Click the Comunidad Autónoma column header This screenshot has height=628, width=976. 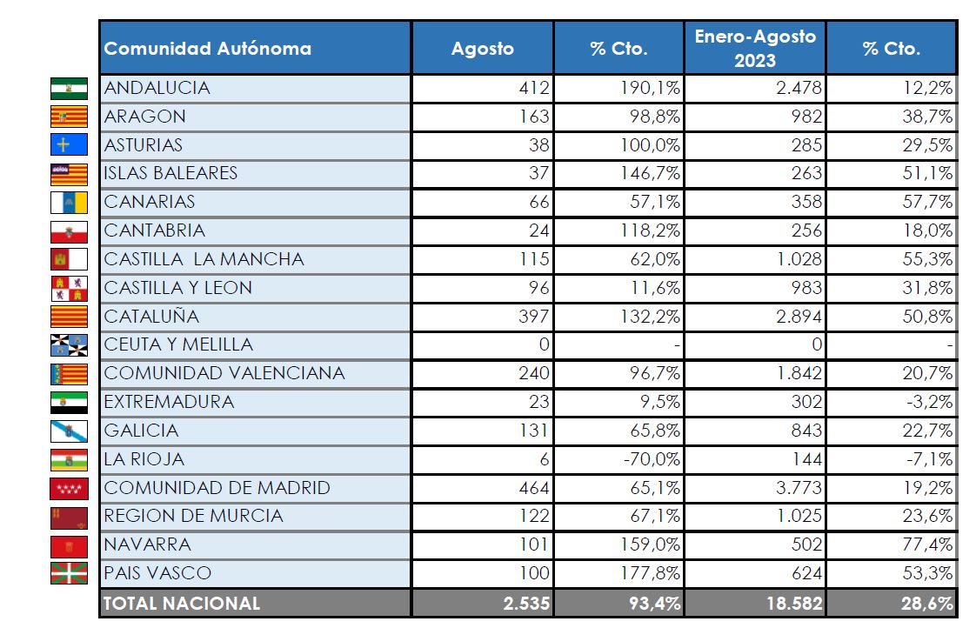pos(208,49)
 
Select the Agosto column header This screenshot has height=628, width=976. pos(482,49)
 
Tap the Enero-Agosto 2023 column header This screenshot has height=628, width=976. pos(754,49)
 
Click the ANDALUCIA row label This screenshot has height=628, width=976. pos(157,88)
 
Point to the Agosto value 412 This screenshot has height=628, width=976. pos(533,88)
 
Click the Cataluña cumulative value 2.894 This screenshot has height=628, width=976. pos(798,316)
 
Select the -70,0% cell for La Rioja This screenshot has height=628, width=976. pos(652,458)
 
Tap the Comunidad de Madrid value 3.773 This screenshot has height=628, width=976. pos(798,487)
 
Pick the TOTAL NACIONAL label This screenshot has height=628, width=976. pos(182,603)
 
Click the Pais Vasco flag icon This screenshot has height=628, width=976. pos(69,573)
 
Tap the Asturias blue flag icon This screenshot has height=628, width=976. pos(69,145)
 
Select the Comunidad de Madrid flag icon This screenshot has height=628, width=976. pos(69,488)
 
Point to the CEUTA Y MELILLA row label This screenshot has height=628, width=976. pos(178,344)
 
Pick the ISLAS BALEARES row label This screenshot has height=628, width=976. pos(170,173)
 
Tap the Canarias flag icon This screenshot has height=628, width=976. pos(69,203)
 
